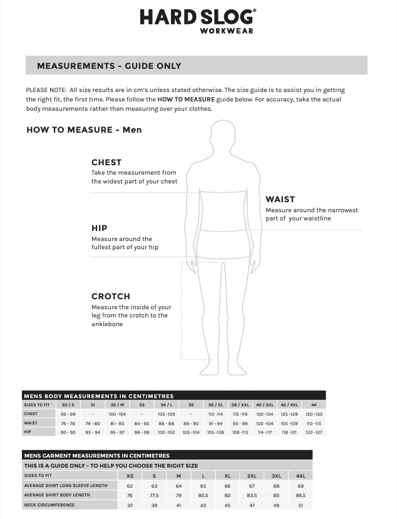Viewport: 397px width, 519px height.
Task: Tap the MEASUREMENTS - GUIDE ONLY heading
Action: click(x=109, y=66)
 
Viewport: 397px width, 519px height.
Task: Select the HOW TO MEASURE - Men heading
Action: click(x=84, y=130)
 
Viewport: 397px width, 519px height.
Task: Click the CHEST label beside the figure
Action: click(x=106, y=162)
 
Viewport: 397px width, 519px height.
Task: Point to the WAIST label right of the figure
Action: click(x=280, y=200)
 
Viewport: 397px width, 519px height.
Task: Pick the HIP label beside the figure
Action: click(x=99, y=229)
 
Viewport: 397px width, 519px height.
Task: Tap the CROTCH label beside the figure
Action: click(x=110, y=296)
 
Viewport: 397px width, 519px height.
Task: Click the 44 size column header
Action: click(x=314, y=405)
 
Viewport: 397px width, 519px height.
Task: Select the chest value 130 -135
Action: click(x=314, y=414)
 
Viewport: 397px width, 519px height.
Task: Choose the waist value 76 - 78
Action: click(x=68, y=423)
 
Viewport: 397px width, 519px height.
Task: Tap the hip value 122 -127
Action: click(x=314, y=432)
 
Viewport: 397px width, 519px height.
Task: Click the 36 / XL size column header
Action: click(x=215, y=405)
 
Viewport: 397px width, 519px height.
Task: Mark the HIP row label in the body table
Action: click(x=28, y=432)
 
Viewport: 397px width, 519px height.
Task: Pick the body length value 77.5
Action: click(x=154, y=495)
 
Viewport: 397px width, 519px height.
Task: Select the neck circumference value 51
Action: click(x=301, y=505)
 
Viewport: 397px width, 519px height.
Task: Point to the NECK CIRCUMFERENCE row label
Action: click(x=49, y=505)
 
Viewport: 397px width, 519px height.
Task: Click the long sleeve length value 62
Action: click(x=130, y=486)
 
